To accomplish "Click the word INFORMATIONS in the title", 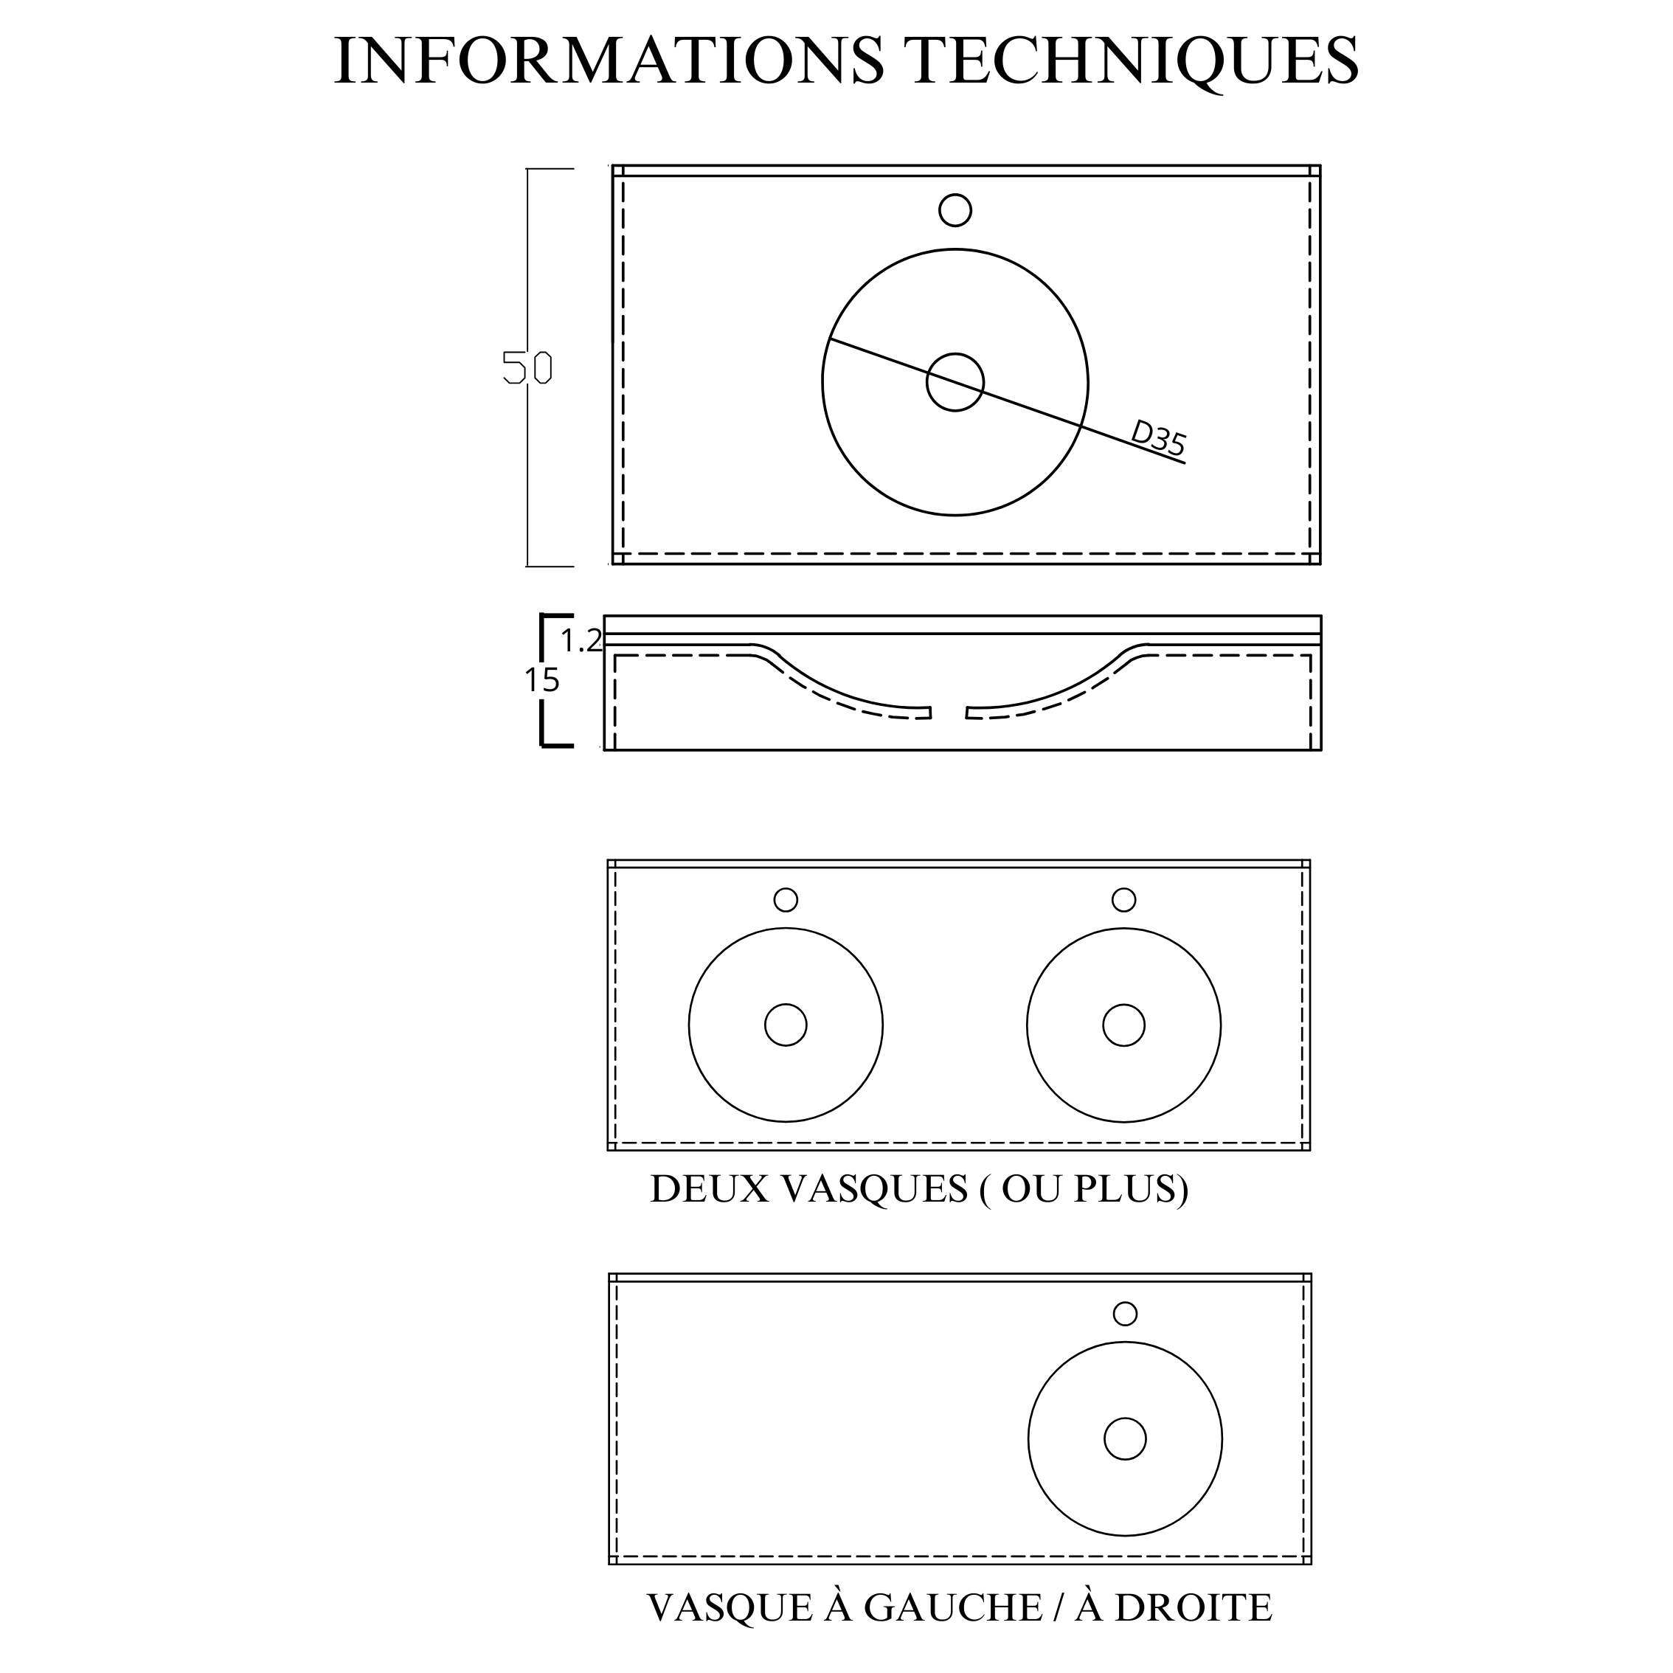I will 609,60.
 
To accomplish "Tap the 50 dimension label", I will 527,368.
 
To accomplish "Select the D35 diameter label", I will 1159,438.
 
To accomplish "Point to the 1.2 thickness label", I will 581,641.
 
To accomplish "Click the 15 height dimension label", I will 542,682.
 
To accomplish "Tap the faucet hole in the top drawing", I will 955,210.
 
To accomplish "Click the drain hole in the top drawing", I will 955,382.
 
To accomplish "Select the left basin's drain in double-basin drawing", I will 786,1025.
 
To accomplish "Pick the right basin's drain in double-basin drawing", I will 1123,1025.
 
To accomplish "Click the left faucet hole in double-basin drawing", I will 786,900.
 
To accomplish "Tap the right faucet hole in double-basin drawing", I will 1123,900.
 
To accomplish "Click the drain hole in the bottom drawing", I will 1125,1439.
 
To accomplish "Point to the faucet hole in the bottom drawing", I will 1125,1314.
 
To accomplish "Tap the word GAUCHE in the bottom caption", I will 953,1608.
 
